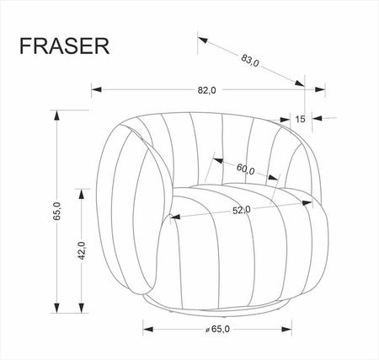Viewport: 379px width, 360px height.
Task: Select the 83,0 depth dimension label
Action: (x=249, y=60)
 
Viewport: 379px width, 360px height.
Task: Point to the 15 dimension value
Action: (x=301, y=119)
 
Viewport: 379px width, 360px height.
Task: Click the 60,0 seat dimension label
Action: (x=246, y=169)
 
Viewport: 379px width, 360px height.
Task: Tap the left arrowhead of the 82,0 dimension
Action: (x=96, y=89)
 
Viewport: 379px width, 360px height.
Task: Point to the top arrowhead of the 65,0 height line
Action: (x=57, y=118)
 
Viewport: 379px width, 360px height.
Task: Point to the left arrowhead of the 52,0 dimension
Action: (x=173, y=217)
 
